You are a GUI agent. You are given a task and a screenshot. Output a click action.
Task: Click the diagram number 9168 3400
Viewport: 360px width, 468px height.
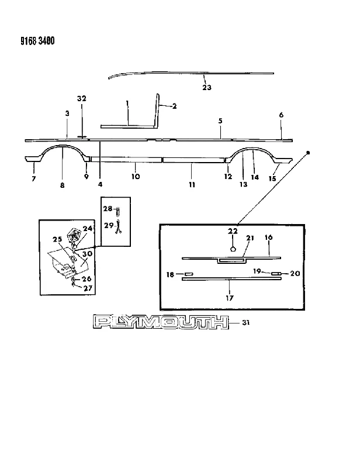37,40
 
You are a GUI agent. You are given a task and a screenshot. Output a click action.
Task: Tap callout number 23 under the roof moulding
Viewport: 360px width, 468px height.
207,87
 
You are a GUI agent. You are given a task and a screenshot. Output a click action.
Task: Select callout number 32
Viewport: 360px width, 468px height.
82,98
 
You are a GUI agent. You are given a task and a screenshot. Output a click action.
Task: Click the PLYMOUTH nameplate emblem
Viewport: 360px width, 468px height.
161,322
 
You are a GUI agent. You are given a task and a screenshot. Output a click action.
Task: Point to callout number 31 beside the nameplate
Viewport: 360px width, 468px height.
245,323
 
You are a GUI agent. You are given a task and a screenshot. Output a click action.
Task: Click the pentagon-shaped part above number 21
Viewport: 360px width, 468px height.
233,248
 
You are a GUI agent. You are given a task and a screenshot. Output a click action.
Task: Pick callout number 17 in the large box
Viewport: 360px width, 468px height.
229,298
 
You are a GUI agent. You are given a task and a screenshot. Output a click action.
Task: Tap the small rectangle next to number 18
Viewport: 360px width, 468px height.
189,274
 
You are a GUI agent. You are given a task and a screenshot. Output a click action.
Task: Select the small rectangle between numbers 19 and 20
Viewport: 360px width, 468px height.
276,273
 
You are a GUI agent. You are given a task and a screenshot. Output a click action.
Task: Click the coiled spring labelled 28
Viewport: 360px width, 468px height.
118,212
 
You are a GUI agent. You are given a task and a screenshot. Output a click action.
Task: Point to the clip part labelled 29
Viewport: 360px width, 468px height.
119,226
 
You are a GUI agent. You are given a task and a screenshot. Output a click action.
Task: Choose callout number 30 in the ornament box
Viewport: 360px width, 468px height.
88,254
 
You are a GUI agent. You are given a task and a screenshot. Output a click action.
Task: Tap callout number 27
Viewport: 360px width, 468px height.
88,288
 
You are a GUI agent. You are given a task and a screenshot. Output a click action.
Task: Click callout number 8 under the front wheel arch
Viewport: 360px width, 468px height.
62,185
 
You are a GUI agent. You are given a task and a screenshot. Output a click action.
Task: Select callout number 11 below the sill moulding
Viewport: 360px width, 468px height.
192,185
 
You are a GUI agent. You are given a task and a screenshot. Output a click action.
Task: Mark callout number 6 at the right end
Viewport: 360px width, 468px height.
281,115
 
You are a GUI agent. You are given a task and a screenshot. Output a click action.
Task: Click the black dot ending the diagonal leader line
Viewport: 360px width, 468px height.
308,153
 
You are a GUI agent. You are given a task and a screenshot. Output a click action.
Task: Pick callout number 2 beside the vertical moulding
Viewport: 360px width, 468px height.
175,106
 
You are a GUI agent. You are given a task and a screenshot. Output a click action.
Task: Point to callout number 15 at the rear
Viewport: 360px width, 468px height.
272,178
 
